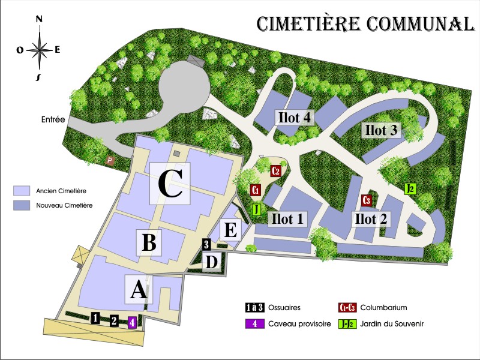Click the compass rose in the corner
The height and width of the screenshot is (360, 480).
tap(39, 49)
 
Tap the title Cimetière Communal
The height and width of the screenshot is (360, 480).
tap(365, 23)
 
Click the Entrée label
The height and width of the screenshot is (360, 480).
tap(53, 119)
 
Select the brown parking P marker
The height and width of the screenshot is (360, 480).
tap(110, 160)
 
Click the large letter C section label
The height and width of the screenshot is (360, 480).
tap(170, 183)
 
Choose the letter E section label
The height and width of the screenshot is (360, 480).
tap(231, 230)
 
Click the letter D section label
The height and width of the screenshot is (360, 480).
tap(212, 262)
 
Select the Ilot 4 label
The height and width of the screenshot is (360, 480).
tap(294, 117)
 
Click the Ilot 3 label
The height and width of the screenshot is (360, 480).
tap(381, 130)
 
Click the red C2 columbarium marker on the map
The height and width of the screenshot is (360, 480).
tap(276, 170)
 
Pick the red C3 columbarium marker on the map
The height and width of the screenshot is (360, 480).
tap(367, 200)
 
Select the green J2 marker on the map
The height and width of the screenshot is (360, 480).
tap(410, 189)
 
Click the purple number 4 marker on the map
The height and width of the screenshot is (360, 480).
tap(133, 322)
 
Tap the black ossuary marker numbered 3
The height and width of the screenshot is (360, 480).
tap(206, 244)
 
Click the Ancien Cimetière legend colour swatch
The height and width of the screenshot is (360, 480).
tap(22, 191)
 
